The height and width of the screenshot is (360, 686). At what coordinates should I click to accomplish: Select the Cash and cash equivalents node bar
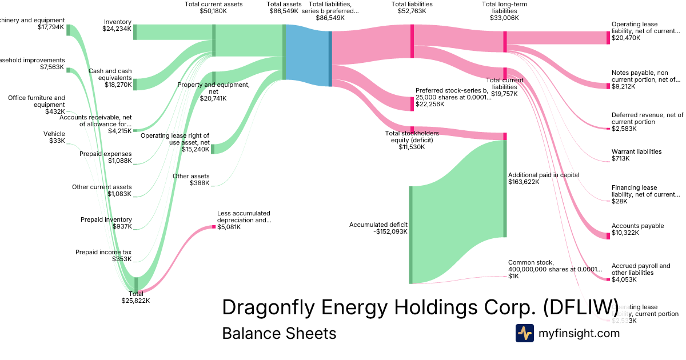tap(135, 85)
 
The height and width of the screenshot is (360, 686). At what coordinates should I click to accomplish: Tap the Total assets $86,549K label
tap(284, 7)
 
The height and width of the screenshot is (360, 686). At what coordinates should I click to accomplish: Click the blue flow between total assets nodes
tap(307, 55)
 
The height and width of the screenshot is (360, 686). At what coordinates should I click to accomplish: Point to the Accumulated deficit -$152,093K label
tap(378, 228)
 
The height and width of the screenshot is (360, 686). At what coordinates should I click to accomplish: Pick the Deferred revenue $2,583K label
tap(647, 122)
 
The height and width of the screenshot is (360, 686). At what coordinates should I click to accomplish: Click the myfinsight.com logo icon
tap(524, 333)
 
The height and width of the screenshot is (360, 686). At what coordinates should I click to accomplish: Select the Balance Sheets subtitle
tap(279, 333)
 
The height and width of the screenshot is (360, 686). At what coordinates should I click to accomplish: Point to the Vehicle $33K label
tap(54, 137)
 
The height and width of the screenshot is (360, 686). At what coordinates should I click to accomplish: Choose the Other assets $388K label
tap(191, 179)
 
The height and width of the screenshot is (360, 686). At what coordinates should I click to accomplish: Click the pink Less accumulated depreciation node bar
tap(214, 227)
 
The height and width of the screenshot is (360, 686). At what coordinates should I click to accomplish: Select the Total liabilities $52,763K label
tap(412, 7)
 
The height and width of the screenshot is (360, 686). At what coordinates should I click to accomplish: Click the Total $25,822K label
tap(135, 297)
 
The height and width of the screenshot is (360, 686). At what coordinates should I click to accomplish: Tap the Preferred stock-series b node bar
tap(412, 104)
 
